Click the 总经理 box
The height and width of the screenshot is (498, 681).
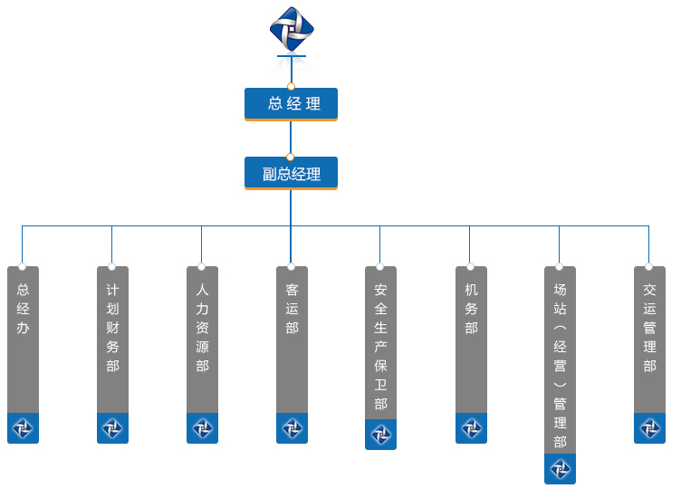point(291,104)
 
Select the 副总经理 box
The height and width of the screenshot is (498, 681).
point(291,173)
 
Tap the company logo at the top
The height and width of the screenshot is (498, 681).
point(291,30)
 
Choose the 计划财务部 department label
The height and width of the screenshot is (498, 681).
point(112,328)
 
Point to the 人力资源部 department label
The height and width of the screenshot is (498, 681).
point(202,328)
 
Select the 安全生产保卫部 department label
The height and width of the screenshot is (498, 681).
point(380,347)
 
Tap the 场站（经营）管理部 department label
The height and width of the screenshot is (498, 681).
point(560,366)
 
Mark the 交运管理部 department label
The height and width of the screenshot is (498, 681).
point(649,328)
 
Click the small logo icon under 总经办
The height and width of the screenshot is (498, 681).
point(23,428)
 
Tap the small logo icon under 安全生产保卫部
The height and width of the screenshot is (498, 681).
point(380,435)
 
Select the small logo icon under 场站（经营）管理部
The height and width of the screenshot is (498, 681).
point(560,469)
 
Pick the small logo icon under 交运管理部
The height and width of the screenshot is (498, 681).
point(649,428)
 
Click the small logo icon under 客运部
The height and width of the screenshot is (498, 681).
point(292,428)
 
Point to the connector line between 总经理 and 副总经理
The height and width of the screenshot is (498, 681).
point(291,138)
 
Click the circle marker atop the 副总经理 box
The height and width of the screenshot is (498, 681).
point(291,158)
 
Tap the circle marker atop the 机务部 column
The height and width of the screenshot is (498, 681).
point(470,267)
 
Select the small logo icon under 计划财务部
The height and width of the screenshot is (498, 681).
point(112,428)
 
